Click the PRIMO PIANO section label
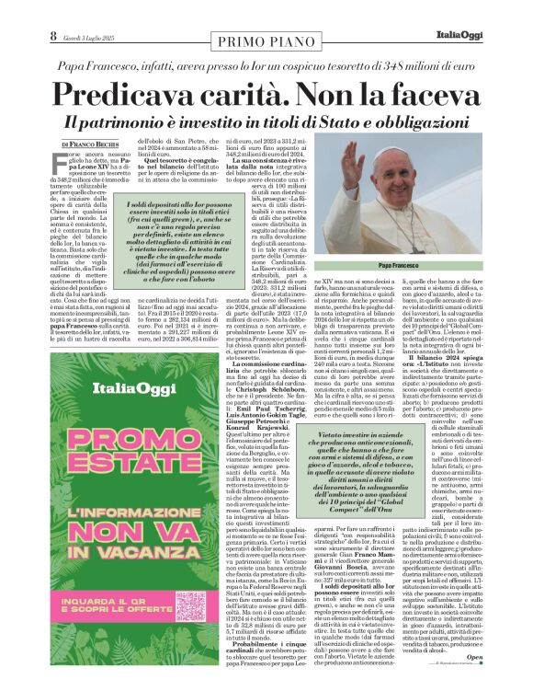pyautogui.click(x=266, y=40)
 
